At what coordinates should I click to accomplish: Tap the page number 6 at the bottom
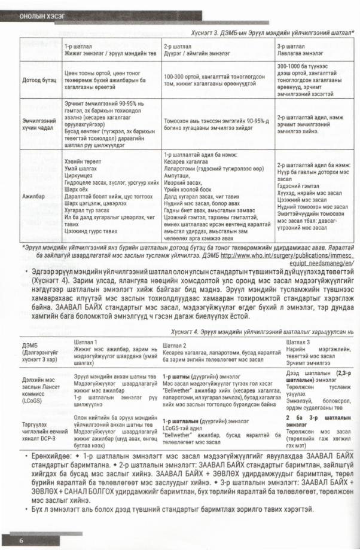pos(20,540)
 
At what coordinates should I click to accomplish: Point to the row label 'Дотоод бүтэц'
pos(37,78)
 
